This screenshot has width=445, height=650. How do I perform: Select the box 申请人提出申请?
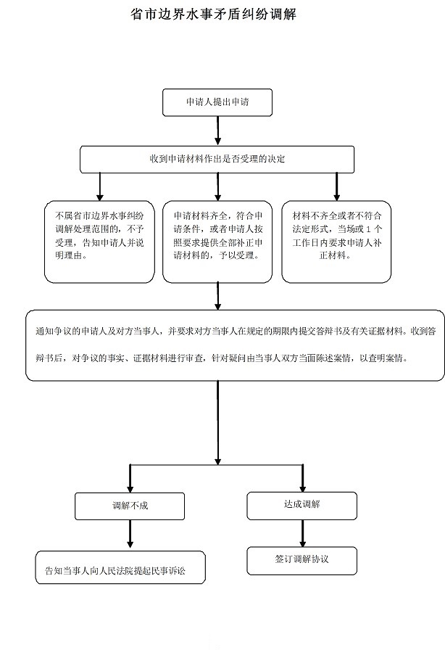(x=217, y=102)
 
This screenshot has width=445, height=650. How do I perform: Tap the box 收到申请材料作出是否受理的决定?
(x=217, y=159)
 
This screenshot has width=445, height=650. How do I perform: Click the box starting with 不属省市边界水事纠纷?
(x=99, y=242)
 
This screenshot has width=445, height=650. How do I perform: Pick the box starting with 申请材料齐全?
(x=218, y=242)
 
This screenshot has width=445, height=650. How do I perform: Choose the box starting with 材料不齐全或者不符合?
(x=336, y=242)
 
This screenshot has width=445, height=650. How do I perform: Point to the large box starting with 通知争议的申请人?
(x=235, y=345)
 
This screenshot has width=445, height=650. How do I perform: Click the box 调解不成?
(x=130, y=505)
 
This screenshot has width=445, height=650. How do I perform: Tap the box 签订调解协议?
(x=301, y=559)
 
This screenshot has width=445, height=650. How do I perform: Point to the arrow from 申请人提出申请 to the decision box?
(x=217, y=131)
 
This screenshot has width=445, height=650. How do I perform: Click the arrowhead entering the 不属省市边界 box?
(x=100, y=196)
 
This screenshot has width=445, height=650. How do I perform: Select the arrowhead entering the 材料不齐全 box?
(x=336, y=196)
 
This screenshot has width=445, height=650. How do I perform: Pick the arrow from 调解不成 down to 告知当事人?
(x=130, y=534)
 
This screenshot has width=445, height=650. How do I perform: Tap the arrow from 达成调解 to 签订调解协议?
(x=302, y=532)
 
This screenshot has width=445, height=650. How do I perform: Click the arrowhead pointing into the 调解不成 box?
(x=130, y=487)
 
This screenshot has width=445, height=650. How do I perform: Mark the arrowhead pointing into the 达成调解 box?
(x=302, y=486)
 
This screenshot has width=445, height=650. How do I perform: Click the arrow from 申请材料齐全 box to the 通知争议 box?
(x=218, y=296)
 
